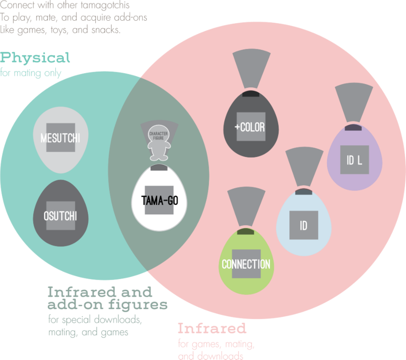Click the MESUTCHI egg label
pyautogui.click(x=60, y=138)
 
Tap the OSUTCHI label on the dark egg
pyautogui.click(x=60, y=216)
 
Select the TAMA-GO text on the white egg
pyautogui.click(x=160, y=200)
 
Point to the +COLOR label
pyautogui.click(x=249, y=127)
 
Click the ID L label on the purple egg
pyautogui.click(x=355, y=160)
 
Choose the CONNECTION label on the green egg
pyautogui.click(x=246, y=264)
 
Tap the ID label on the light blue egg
pyautogui.click(x=303, y=226)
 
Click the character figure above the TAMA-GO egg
pyautogui.click(x=159, y=143)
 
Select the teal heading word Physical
pyautogui.click(x=35, y=58)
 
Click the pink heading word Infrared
pyautogui.click(x=212, y=328)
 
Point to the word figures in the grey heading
pyautogui.click(x=138, y=305)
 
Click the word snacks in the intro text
pyautogui.click(x=106, y=30)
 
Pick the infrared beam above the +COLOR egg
pyautogui.click(x=251, y=69)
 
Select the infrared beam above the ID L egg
pyautogui.click(x=354, y=103)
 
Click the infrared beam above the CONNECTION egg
pyautogui.click(x=246, y=207)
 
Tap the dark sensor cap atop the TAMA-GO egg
pyautogui.click(x=159, y=167)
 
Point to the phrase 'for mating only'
pyautogui.click(x=31, y=73)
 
